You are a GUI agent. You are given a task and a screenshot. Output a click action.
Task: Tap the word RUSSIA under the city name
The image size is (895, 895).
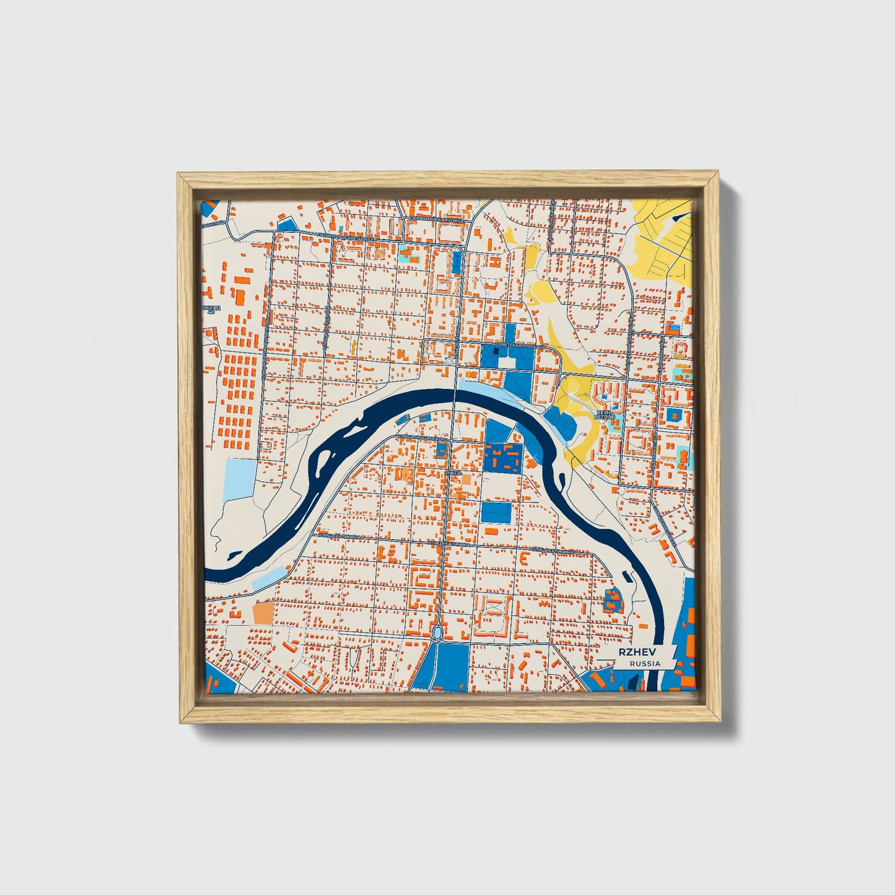tap(645, 663)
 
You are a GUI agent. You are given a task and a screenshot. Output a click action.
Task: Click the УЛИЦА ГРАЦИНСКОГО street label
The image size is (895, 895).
tap(422, 438)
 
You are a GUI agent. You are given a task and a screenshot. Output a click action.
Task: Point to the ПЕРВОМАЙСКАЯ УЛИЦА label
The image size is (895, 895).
tap(437, 219)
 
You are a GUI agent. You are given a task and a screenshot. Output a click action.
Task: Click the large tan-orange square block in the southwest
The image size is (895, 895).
tap(263, 613)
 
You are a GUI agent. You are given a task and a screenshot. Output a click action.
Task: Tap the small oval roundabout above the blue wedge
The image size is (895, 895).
tap(438, 632)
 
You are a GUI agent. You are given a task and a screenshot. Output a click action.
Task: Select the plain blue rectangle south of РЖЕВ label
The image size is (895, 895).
tap(496, 512)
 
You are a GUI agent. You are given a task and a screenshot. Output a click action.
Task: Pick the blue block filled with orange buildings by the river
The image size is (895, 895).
tap(501, 458)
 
